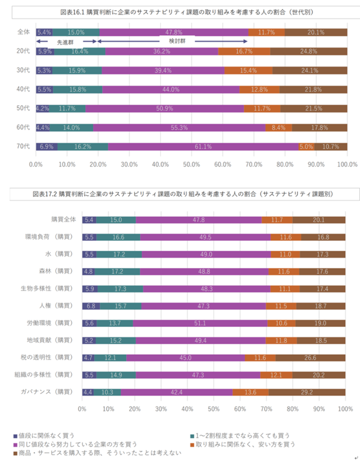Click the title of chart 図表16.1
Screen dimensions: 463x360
pyautogui.click(x=180, y=12)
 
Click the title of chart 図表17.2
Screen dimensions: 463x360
pyautogui.click(x=180, y=194)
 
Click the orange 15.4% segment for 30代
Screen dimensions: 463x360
pyautogui.click(x=248, y=71)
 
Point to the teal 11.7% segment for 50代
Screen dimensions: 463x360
pyautogui.click(x=67, y=109)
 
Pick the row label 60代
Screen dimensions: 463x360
pyautogui.click(x=23, y=128)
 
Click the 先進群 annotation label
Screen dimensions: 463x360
pyautogui.click(x=66, y=43)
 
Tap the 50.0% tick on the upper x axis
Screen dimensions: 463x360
pyautogui.click(x=192, y=164)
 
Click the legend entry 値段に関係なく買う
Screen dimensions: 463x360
pyautogui.click(x=46, y=434)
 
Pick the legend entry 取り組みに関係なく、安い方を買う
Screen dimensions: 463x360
pyautogui.click(x=241, y=444)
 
